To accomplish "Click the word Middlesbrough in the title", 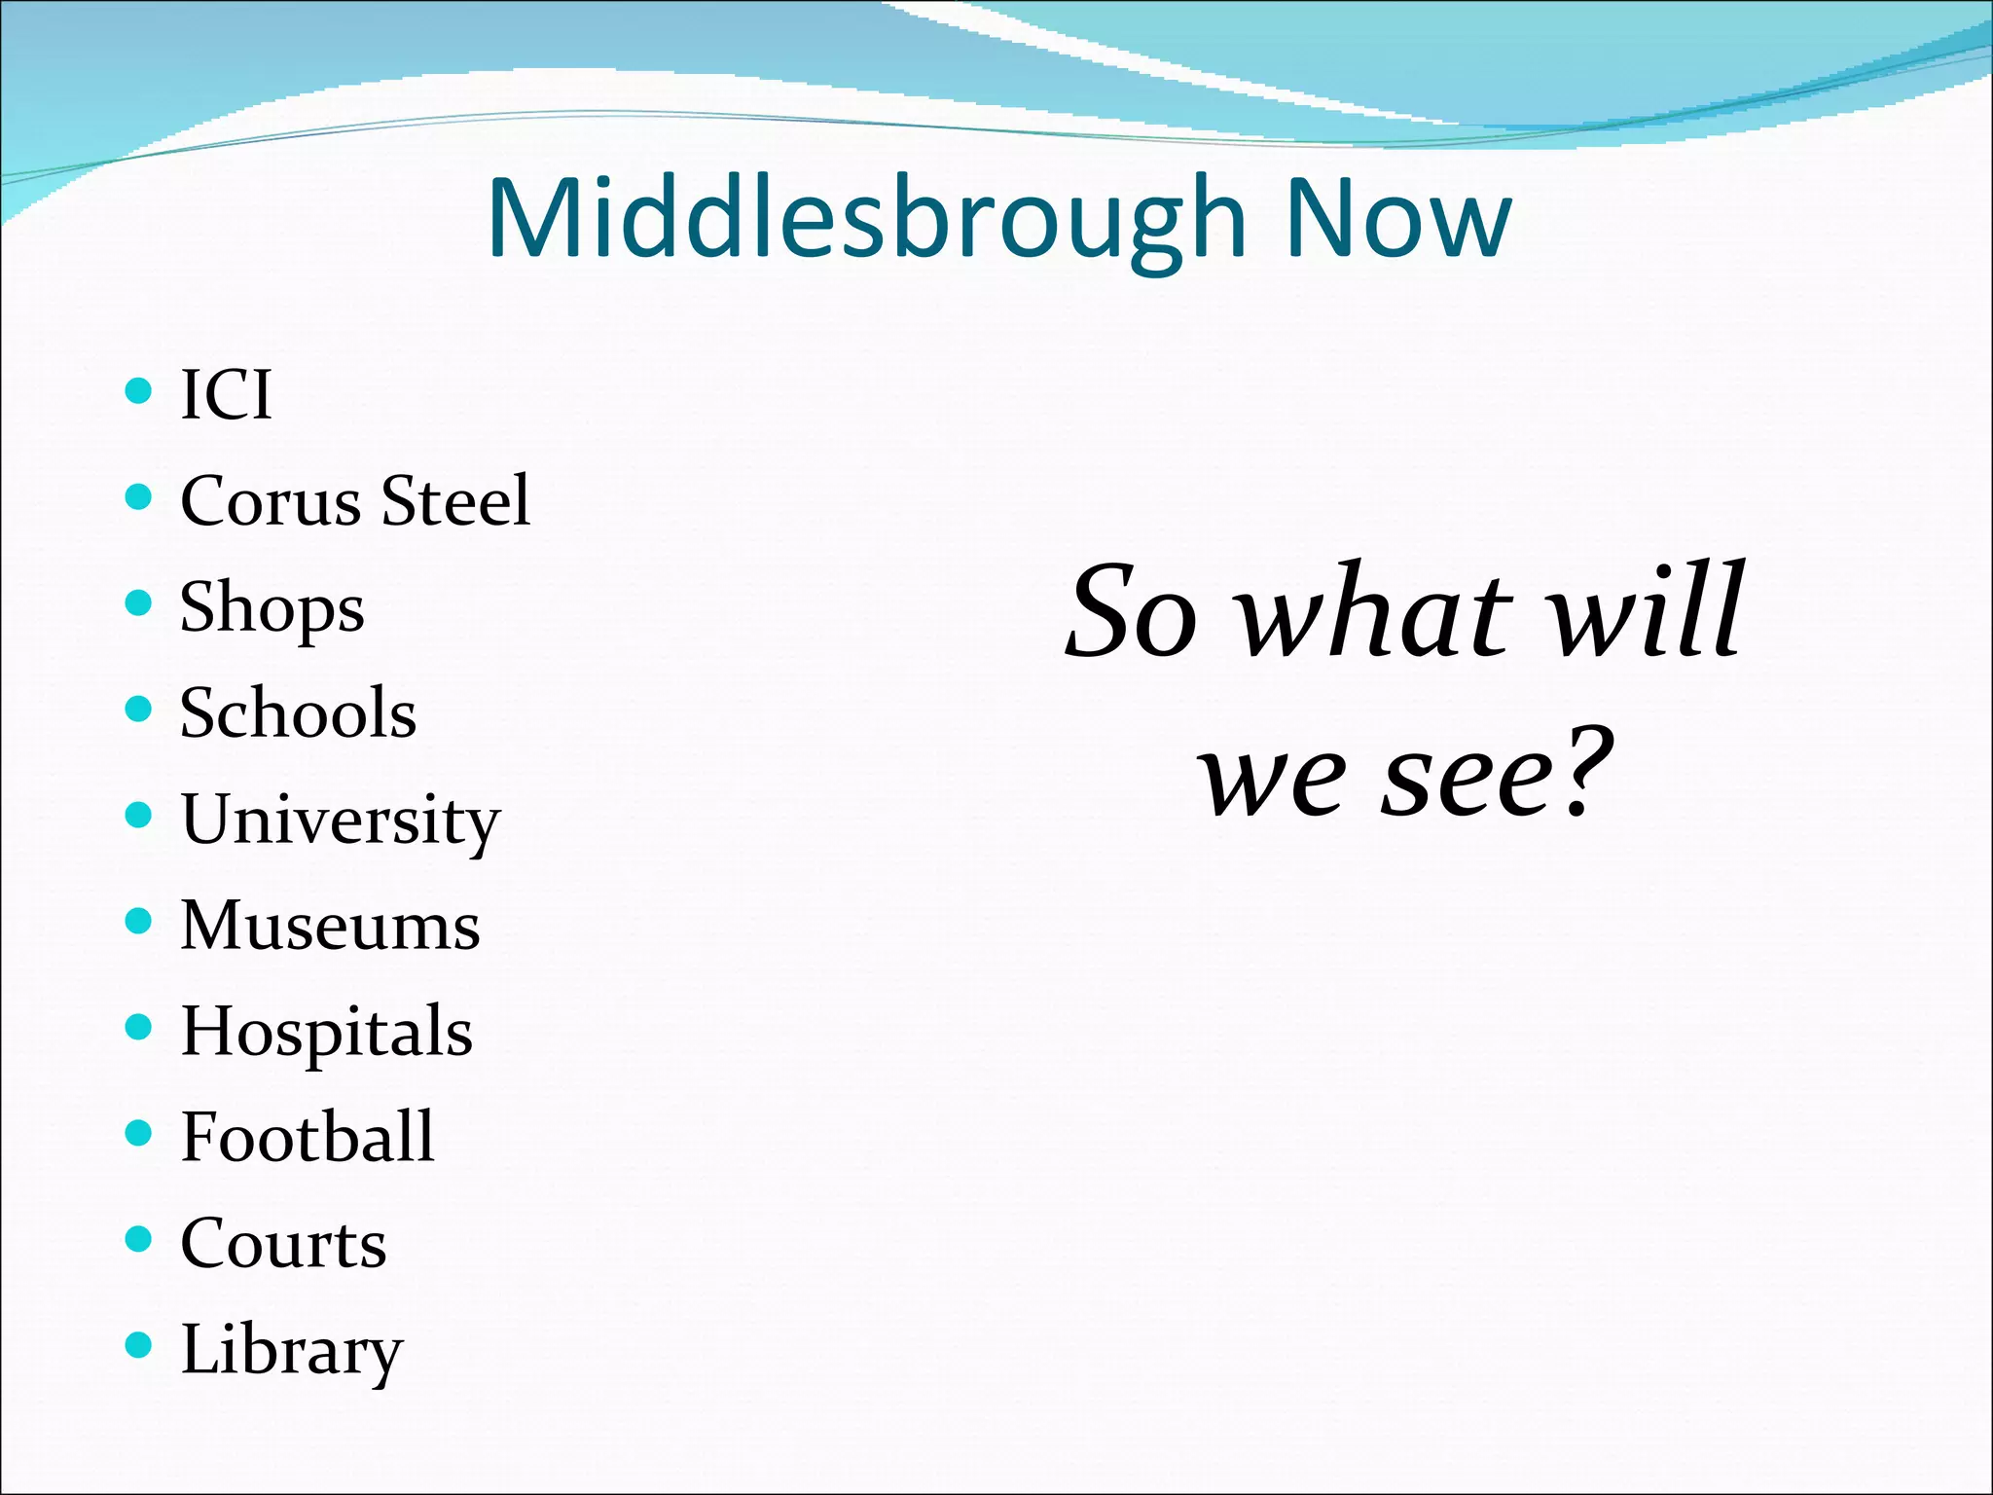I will click(x=866, y=219).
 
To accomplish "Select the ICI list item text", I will click(x=226, y=395).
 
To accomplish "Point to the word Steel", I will click(x=455, y=501).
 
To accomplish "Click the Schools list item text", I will click(x=298, y=713).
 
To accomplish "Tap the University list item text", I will click(x=340, y=820).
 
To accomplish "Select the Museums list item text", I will click(x=330, y=925).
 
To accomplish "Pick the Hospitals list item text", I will click(x=326, y=1032).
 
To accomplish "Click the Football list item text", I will click(x=308, y=1137).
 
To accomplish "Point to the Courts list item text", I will click(x=283, y=1244).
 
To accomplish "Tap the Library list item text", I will click(x=291, y=1351).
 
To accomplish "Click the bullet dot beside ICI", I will click(x=139, y=391).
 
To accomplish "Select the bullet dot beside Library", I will click(x=139, y=1345).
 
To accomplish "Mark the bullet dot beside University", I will click(x=139, y=815).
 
